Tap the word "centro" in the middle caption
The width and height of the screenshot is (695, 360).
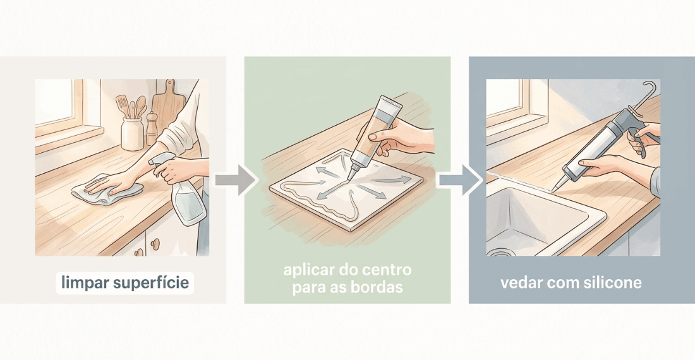pos(384,269)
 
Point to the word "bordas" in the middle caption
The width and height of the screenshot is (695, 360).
pos(377,287)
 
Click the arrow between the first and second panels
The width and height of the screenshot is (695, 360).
pos(237,180)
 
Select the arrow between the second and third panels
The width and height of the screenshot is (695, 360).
pos(460,180)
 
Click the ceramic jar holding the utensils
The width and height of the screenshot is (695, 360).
pos(132,134)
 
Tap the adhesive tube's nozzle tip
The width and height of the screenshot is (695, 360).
pos(349,177)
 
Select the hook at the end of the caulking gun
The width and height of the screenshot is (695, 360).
pos(650,88)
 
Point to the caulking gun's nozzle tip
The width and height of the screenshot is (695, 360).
pos(553,189)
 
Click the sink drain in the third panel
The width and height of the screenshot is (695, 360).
pos(500,253)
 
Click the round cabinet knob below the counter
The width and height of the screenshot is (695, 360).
pos(155,243)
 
